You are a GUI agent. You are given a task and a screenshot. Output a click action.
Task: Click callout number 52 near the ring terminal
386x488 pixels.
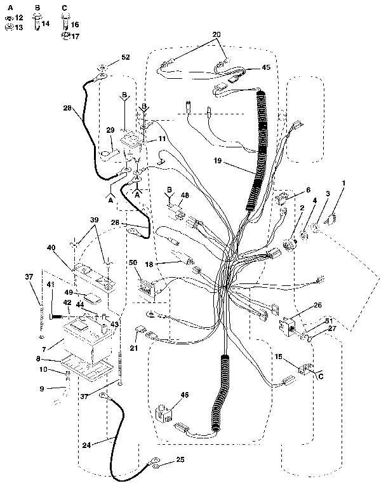click(125, 58)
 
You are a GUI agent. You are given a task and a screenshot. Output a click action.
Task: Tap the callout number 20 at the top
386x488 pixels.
click(216, 34)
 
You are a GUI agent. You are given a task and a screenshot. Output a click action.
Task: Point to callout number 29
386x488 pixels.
click(110, 130)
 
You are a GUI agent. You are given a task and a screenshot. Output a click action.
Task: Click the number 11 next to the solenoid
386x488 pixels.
click(163, 139)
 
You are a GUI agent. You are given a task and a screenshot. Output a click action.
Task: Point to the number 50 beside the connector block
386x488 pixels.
click(133, 262)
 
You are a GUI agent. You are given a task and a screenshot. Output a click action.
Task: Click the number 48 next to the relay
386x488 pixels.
click(185, 196)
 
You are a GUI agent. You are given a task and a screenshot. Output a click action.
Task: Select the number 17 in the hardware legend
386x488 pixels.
click(75, 36)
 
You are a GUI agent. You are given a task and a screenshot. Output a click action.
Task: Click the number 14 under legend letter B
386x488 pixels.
click(46, 24)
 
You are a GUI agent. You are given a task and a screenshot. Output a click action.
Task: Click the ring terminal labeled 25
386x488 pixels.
click(153, 465)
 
